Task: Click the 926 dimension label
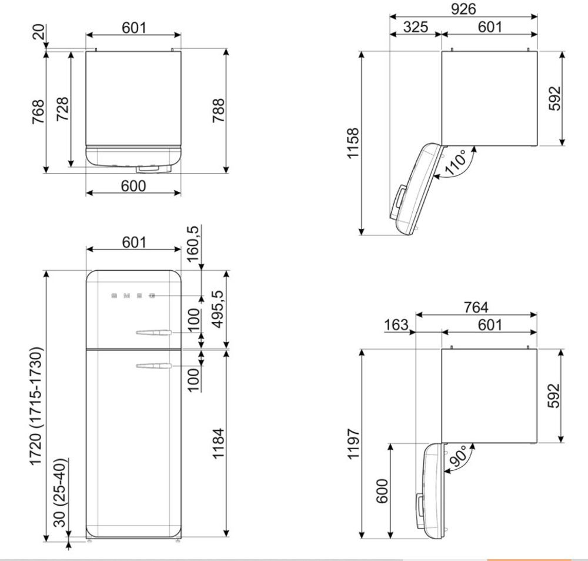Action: point(463,9)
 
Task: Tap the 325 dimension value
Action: point(416,26)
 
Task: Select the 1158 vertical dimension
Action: point(353,143)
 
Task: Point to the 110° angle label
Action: point(455,162)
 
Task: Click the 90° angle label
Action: point(458,456)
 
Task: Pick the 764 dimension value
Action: point(476,307)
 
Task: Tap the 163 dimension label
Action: point(396,324)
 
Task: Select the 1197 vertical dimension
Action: point(353,443)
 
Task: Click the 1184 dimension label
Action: point(218,443)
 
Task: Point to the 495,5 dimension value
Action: point(218,309)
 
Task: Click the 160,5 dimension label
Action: point(192,244)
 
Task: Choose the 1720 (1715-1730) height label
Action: point(36,406)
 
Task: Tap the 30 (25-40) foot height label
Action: point(61,493)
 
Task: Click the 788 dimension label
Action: point(218,111)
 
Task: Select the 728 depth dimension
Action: point(62,109)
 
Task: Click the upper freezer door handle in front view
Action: point(154,333)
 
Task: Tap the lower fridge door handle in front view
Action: point(154,366)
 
